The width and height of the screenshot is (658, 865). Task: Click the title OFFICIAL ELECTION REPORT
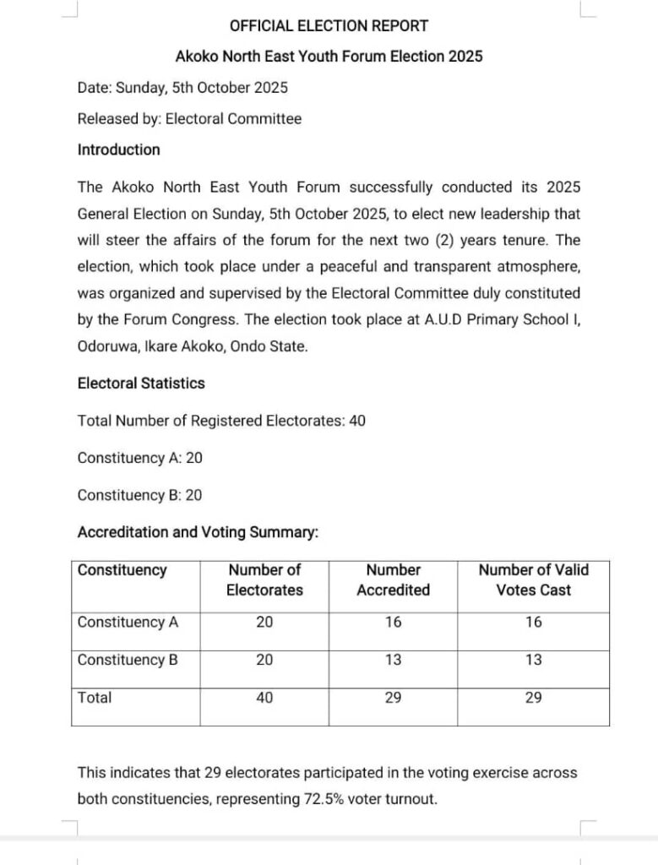[329, 26]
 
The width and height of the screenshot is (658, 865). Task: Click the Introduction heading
[118, 150]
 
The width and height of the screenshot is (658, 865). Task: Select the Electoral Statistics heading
[141, 383]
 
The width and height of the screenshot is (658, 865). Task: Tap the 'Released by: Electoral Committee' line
[189, 119]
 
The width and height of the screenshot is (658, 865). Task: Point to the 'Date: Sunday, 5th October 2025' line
[182, 88]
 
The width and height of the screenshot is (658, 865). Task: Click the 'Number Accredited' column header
[393, 579]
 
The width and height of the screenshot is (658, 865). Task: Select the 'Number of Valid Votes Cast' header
[533, 579]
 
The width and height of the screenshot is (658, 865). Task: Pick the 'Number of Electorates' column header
[264, 579]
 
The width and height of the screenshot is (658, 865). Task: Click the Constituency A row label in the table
[128, 622]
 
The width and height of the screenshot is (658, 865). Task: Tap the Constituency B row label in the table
[128, 660]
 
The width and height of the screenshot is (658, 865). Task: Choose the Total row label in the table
[95, 698]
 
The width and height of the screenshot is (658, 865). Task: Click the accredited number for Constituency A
[393, 622]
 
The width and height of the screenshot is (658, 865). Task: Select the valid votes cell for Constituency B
[533, 660]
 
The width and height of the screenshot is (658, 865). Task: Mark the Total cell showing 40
[264, 698]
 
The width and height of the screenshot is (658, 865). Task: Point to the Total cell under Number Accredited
[393, 698]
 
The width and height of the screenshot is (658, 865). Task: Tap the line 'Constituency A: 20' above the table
[139, 458]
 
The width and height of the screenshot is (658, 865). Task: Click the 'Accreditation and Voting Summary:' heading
[198, 532]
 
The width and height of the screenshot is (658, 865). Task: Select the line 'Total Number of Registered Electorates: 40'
[221, 421]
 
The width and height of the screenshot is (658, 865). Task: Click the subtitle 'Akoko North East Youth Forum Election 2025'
[329, 57]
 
